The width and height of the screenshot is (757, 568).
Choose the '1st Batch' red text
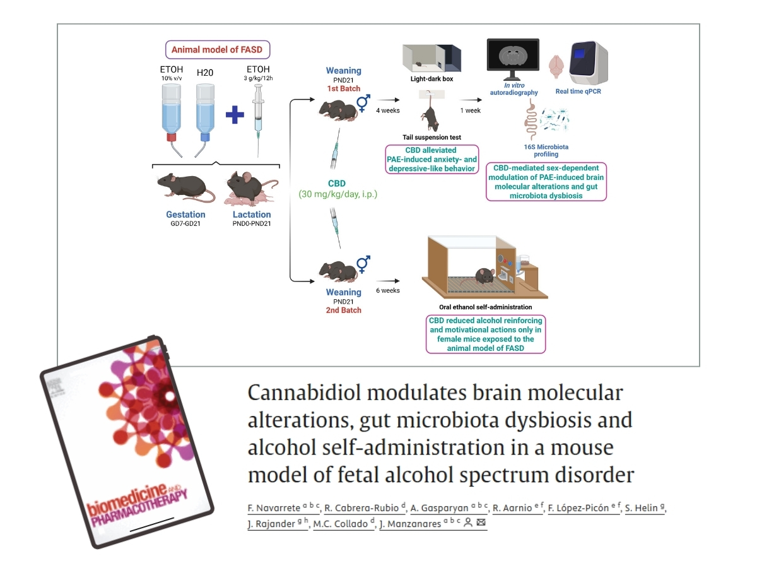pyautogui.click(x=343, y=88)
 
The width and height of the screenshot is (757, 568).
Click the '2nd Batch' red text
pyautogui.click(x=343, y=310)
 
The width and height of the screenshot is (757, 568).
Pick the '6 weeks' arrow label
pyautogui.click(x=387, y=290)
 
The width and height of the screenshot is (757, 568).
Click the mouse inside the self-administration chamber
pyautogui.click(x=484, y=276)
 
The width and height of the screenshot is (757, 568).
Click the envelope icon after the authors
pyautogui.click(x=481, y=523)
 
